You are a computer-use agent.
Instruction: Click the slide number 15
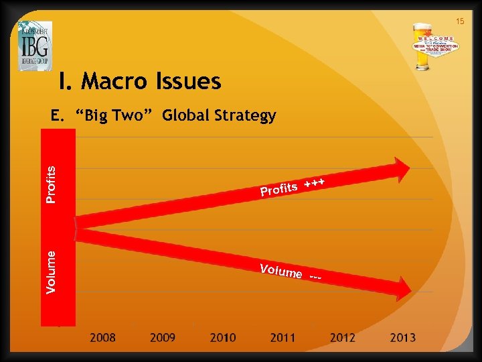pyautogui.click(x=460, y=22)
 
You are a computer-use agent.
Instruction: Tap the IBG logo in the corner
pyautogui.click(x=35, y=46)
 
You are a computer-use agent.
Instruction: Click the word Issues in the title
pyautogui.click(x=191, y=82)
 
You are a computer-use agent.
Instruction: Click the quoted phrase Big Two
pyautogui.click(x=116, y=116)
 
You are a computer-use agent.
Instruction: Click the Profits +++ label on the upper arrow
pyautogui.click(x=293, y=188)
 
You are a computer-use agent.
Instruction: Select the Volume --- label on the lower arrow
pyautogui.click(x=291, y=273)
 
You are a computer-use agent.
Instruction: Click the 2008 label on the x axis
pyautogui.click(x=103, y=338)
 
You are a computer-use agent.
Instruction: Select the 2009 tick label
pyautogui.click(x=163, y=338)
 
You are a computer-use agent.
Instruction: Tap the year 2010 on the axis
pyautogui.click(x=223, y=338)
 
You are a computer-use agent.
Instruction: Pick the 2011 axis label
pyautogui.click(x=283, y=338)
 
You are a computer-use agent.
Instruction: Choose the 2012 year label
pyautogui.click(x=343, y=338)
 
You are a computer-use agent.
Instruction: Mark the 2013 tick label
pyautogui.click(x=402, y=338)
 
